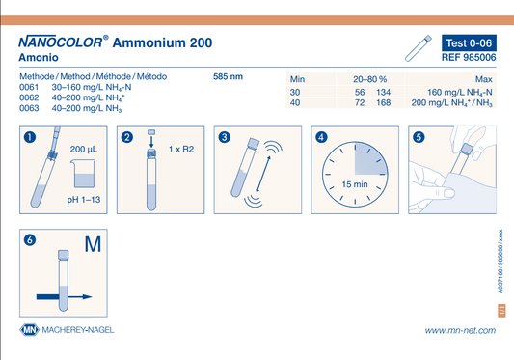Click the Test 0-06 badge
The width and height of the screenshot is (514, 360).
click(469, 43)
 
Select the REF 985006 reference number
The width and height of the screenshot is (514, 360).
click(469, 58)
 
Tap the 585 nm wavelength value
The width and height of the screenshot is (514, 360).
click(228, 77)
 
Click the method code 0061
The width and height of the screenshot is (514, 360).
click(29, 87)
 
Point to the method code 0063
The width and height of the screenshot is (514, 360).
click(29, 108)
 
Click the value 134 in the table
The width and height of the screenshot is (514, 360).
click(383, 93)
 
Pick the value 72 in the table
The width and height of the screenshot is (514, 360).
click(360, 102)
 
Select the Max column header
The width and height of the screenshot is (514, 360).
click(484, 79)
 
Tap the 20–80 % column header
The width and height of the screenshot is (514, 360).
click(369, 79)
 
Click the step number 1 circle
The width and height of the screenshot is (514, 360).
click(30, 137)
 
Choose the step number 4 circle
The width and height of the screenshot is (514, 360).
click(321, 137)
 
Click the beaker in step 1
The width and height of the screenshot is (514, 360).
click(83, 174)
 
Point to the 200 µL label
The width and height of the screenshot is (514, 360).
click(84, 150)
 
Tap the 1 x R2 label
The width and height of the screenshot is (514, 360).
click(181, 150)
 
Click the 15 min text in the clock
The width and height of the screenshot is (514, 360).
click(355, 184)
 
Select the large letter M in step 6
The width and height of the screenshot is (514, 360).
click(93, 244)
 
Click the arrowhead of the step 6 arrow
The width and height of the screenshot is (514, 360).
click(87, 297)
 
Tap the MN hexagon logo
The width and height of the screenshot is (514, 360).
click(30, 330)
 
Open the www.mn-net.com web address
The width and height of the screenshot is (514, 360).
click(460, 330)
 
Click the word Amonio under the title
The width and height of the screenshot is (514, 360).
click(39, 58)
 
